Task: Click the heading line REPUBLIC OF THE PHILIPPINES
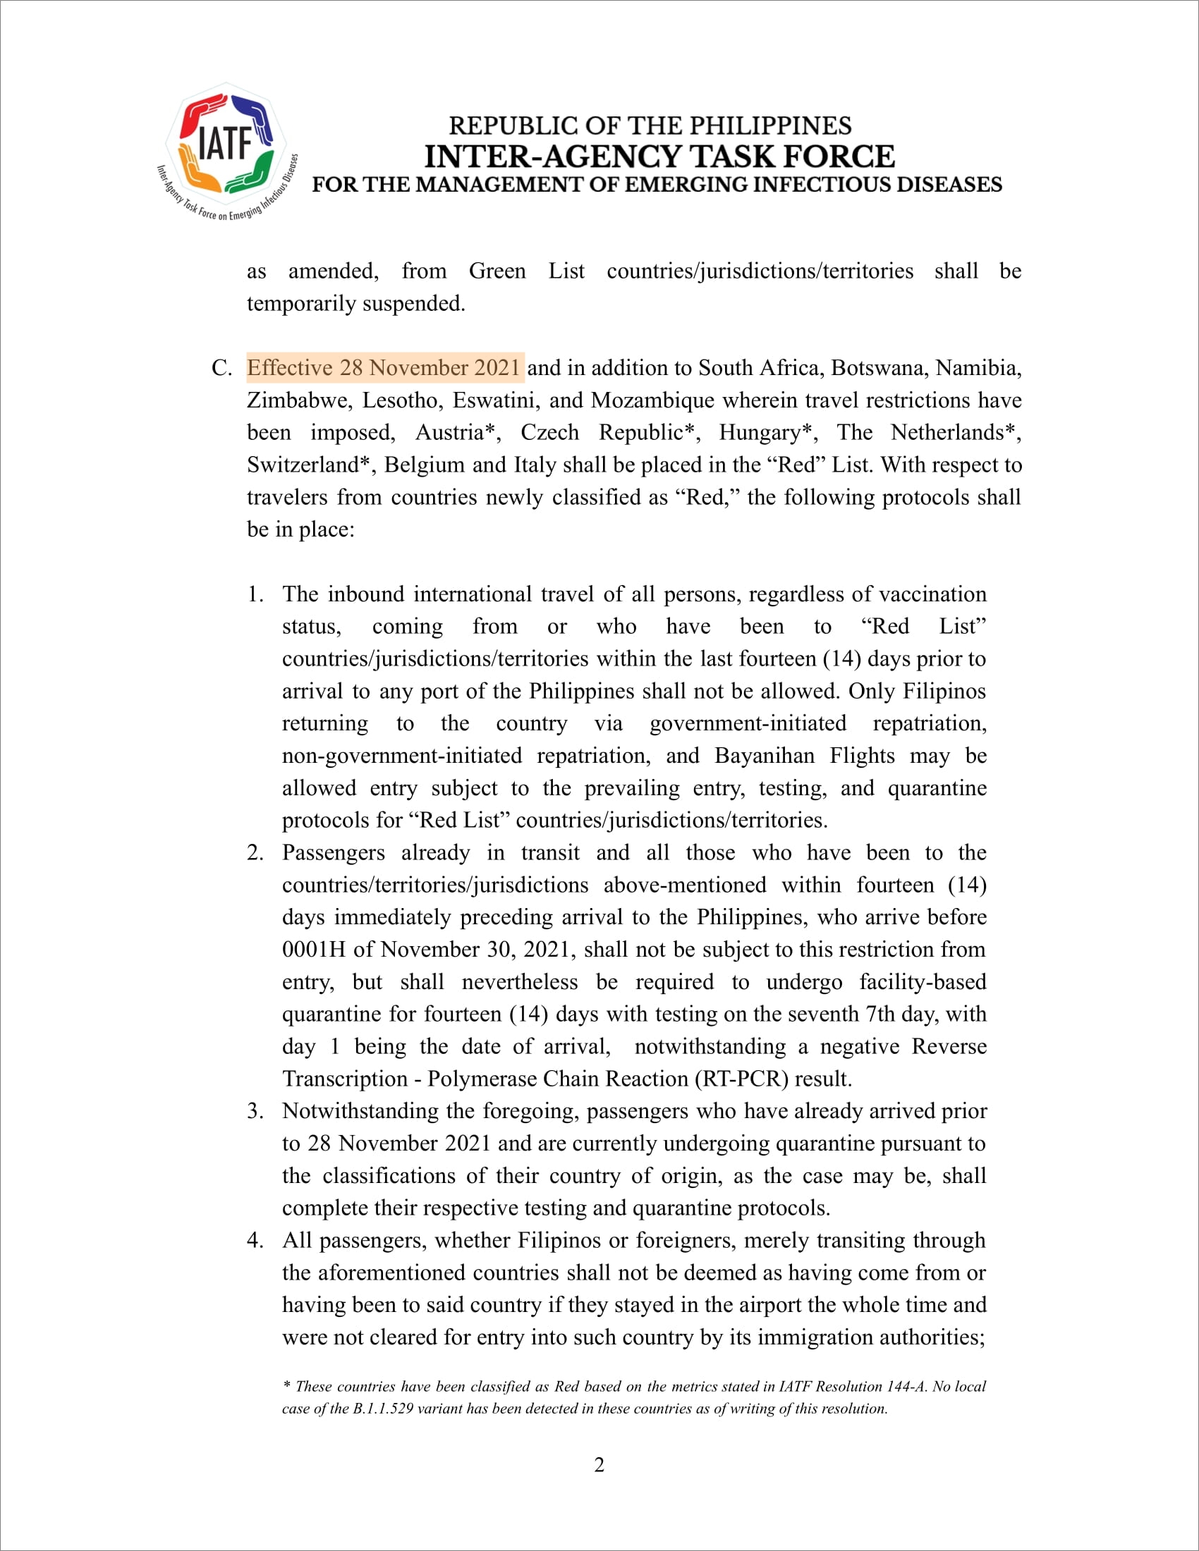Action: click(x=650, y=125)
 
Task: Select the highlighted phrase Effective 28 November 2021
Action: click(x=384, y=368)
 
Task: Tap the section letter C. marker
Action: click(x=221, y=368)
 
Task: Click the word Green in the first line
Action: click(x=497, y=271)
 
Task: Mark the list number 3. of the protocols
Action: click(x=256, y=1110)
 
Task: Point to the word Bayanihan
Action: click(x=765, y=756)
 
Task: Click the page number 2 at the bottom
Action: click(x=599, y=1465)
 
